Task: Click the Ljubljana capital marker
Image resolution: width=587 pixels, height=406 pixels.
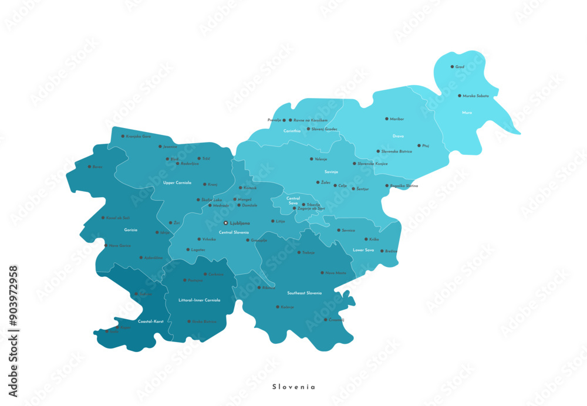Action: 226,223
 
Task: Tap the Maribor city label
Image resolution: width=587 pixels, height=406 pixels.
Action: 397,119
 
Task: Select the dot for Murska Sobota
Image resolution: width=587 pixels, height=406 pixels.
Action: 460,96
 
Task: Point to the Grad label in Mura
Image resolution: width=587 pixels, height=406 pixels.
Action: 460,67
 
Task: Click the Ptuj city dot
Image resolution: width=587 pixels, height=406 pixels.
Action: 419,146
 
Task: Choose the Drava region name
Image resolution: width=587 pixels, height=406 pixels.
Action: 398,136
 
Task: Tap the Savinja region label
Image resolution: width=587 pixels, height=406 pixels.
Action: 331,172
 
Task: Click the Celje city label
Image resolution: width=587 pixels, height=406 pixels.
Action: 343,185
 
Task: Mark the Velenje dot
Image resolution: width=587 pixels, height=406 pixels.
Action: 312,159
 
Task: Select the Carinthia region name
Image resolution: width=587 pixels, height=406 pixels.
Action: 292,131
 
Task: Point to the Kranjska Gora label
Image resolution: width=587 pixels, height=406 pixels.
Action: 138,136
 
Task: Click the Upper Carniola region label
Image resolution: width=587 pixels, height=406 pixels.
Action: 177,183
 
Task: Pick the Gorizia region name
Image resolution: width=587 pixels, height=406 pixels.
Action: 131,230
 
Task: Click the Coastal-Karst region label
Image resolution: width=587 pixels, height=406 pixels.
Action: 150,322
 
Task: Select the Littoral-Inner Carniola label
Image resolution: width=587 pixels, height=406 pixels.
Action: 200,300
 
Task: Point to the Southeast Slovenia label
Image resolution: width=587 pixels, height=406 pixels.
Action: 305,293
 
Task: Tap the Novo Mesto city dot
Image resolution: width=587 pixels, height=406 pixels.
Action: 322,273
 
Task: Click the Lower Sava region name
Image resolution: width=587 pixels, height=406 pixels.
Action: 363,250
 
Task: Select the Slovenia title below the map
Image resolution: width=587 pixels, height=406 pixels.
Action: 293,387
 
